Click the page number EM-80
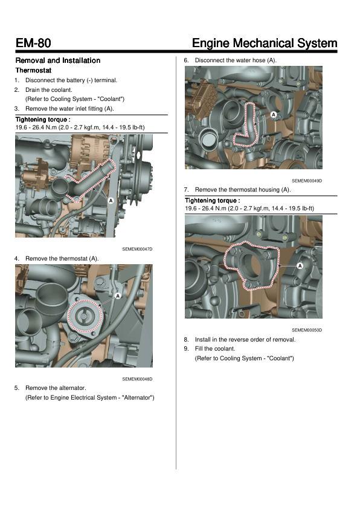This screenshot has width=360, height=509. [x=33, y=43]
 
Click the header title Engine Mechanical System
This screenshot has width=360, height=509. [x=265, y=43]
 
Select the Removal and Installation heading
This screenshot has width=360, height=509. [x=58, y=60]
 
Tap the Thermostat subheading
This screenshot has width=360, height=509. [x=33, y=70]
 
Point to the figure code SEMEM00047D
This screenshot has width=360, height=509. [x=137, y=249]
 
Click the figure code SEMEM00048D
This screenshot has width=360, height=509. [x=137, y=379]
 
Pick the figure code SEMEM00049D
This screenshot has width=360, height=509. [x=307, y=181]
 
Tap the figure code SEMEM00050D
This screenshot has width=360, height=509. [x=307, y=330]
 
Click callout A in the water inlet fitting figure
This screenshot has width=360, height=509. [x=111, y=201]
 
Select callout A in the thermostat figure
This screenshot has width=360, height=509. [x=118, y=296]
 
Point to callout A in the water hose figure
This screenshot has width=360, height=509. [x=274, y=115]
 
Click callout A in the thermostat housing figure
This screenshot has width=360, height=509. [x=300, y=266]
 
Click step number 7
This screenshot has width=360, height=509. [x=186, y=190]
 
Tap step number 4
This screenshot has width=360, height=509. [x=16, y=259]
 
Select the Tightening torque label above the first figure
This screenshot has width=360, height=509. [x=43, y=120]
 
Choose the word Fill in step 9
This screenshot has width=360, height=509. [x=199, y=349]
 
